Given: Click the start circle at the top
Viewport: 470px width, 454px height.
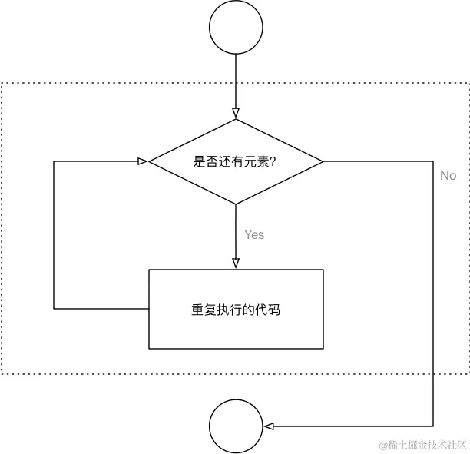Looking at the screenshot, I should tap(236, 28).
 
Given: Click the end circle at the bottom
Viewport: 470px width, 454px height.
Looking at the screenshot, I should tap(236, 426).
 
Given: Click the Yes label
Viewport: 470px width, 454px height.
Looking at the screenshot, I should tap(254, 234).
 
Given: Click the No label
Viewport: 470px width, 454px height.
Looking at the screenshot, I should tap(448, 175).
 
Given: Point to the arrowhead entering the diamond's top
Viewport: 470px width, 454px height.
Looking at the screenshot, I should tap(236, 114).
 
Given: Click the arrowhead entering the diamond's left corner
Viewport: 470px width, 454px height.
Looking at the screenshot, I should tap(142, 161).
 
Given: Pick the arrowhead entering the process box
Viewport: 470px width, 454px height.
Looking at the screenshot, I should tap(236, 263).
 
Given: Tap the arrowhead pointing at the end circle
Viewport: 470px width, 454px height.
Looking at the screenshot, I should tap(268, 426).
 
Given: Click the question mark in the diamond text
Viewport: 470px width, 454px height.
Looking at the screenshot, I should tap(273, 162).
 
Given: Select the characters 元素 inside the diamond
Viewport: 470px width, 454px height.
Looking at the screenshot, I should tap(258, 162).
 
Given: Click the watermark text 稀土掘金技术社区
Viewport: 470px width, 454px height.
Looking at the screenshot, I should tap(425, 444).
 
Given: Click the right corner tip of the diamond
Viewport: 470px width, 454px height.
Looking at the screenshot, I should tap(323, 161).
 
